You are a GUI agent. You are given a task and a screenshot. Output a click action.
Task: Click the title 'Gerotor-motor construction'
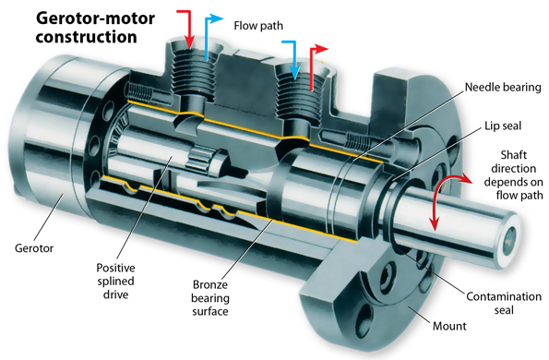click(95, 28)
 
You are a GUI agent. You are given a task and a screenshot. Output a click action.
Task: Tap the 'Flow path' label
click(258, 26)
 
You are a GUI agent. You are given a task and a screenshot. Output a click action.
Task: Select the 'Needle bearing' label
click(503, 87)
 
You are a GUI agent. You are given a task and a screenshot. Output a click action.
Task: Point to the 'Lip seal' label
click(503, 126)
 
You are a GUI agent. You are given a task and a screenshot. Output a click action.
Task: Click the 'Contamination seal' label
click(504, 304)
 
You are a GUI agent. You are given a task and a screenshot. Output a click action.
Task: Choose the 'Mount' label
click(449, 326)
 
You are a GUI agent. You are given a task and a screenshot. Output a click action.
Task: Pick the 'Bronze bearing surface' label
click(210, 298)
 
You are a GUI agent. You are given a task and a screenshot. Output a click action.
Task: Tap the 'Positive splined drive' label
click(115, 282)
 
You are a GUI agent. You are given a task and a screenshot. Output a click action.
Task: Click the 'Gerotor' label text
click(34, 248)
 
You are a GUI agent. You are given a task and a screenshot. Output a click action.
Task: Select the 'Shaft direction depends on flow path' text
click(513, 175)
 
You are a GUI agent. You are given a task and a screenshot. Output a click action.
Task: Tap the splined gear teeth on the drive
click(199, 160)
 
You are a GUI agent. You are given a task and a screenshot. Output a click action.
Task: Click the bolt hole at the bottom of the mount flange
click(364, 313)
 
